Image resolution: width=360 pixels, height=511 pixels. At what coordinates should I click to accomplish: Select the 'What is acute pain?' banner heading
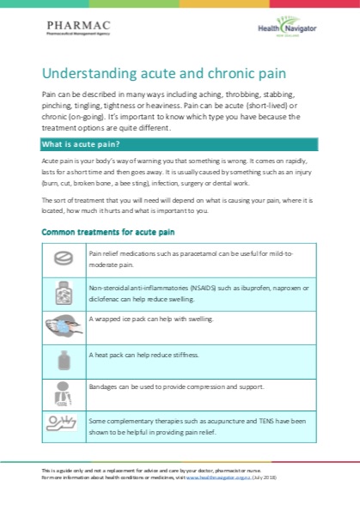tap(82, 143)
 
